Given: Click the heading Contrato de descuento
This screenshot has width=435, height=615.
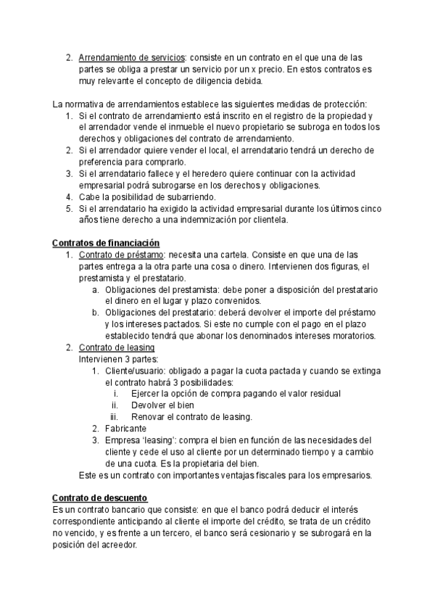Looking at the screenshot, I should (100, 498).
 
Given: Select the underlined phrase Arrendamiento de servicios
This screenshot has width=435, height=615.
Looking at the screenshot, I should (132, 57).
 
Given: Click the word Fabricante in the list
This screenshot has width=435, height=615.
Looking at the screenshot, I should (127, 429).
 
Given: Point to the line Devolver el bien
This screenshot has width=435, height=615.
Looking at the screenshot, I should (163, 405).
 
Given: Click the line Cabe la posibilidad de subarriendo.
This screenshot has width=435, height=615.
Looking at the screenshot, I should (147, 197).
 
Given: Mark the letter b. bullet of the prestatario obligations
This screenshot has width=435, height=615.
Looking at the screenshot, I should (96, 313).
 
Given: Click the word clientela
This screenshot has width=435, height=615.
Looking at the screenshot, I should (266, 220).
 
